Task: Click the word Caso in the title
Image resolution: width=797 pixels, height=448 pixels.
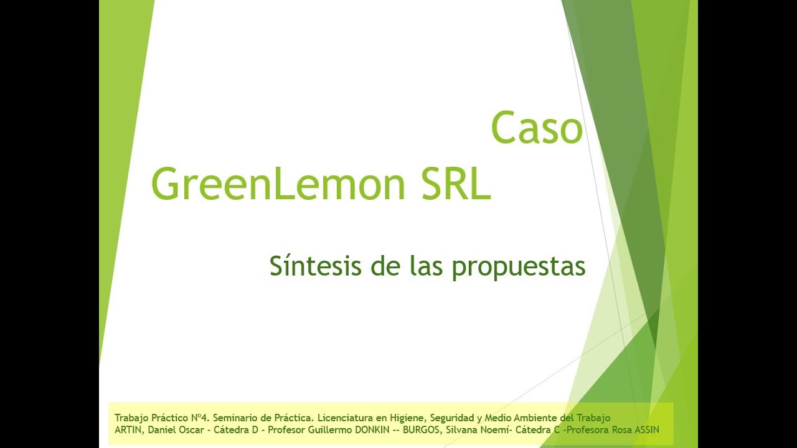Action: coord(536,128)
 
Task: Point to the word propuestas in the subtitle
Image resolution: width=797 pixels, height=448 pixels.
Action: coord(518,266)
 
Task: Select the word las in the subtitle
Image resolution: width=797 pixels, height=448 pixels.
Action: coord(427,266)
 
